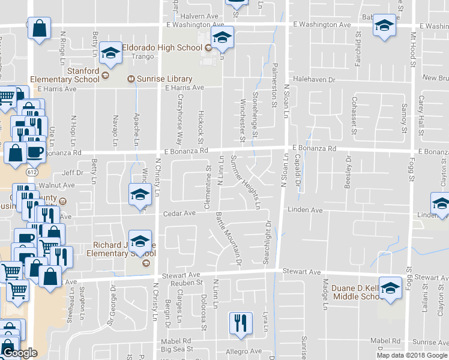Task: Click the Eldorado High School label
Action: [x=162, y=47]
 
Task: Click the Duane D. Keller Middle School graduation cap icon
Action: [x=390, y=289]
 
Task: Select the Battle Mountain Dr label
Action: [x=229, y=238]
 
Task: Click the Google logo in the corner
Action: [x=19, y=353]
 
